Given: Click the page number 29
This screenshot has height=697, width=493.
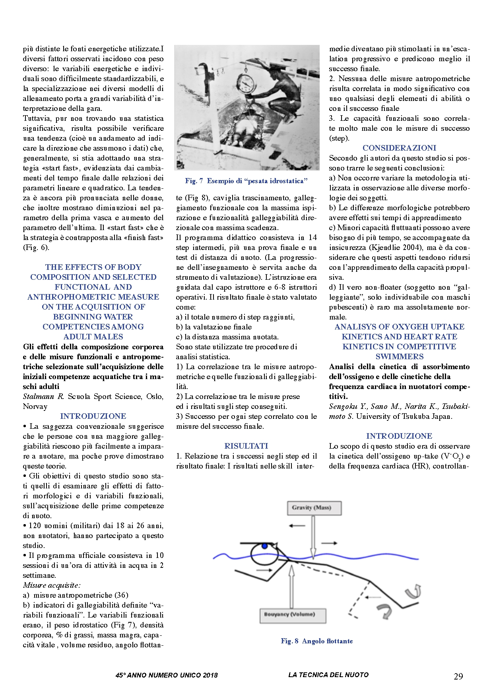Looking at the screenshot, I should [x=458, y=676].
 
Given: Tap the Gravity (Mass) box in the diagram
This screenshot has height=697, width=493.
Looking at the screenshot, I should [x=314, y=508].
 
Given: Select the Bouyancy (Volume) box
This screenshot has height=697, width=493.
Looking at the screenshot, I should [x=293, y=615].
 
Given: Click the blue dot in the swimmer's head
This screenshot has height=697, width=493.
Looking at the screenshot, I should [x=265, y=546].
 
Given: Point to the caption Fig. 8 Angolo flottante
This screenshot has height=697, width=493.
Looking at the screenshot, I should [x=316, y=641].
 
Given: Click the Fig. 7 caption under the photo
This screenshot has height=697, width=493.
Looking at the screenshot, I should [x=246, y=181].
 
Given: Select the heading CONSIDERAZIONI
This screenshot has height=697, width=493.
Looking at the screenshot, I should [x=399, y=148].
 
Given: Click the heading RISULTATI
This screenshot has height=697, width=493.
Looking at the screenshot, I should [x=246, y=446].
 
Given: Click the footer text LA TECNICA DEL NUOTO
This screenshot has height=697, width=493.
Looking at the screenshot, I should [x=328, y=675].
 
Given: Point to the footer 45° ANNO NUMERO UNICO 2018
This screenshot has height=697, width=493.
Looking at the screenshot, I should [x=167, y=675].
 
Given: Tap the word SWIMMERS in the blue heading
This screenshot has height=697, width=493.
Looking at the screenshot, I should [x=399, y=356].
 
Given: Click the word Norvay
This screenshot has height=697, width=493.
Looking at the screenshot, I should [x=35, y=406].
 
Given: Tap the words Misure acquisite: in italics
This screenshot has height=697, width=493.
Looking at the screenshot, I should [x=52, y=585].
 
